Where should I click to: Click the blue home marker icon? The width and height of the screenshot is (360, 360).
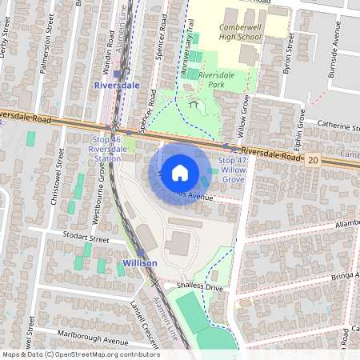(x=180, y=173)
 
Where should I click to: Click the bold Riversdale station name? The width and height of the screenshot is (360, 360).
(x=117, y=84)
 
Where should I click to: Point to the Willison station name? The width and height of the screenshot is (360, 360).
(x=139, y=262)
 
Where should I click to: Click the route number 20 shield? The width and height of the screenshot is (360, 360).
(x=313, y=160)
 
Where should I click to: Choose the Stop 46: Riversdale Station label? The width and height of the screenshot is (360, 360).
(x=107, y=148)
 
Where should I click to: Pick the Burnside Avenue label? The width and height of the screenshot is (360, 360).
(x=338, y=48)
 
